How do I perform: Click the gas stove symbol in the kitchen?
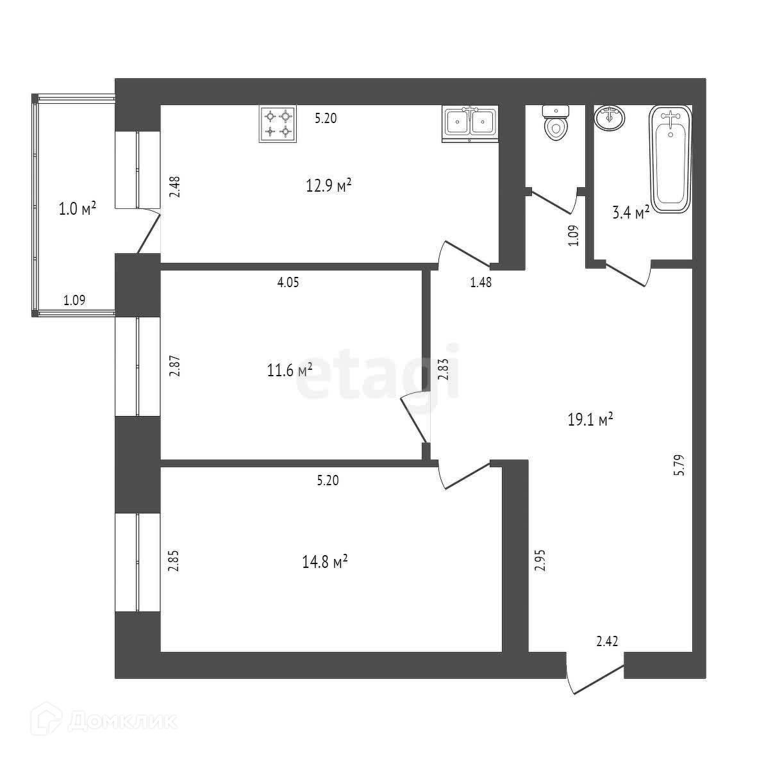[278, 124]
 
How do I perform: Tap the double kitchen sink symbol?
[470, 124]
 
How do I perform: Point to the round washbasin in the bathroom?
[610, 118]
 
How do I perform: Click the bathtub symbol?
[670, 158]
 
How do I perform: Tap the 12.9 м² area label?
[329, 187]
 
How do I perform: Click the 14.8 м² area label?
[324, 562]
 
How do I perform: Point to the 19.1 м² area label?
[590, 420]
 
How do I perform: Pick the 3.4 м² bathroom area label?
[631, 213]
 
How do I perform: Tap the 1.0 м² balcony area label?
[78, 209]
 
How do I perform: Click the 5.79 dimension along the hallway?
[679, 463]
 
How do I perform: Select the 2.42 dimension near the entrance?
[607, 640]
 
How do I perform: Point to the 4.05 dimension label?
[288, 281]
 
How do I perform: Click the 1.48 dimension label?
[481, 281]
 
